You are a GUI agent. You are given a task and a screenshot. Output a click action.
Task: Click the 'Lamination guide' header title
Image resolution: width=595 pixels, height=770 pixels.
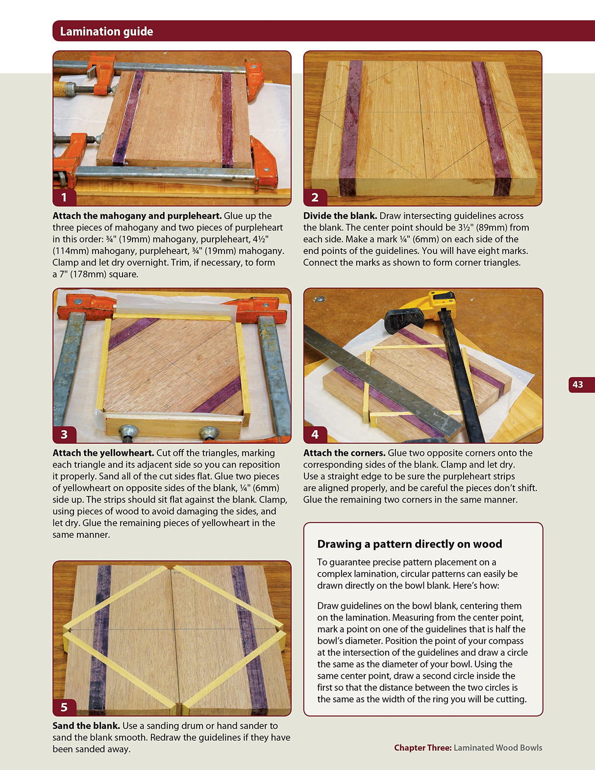(106, 31)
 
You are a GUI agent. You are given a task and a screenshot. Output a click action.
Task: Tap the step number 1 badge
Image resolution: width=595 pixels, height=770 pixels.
(64, 198)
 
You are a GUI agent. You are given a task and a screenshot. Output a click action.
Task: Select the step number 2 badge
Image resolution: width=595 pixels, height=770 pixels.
(315, 198)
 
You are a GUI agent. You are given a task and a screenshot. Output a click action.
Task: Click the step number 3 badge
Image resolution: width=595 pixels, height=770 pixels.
(64, 434)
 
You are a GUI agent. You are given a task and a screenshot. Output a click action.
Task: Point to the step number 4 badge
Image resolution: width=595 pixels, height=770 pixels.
(315, 434)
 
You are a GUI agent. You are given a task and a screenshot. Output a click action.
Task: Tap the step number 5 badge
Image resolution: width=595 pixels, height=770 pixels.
(64, 707)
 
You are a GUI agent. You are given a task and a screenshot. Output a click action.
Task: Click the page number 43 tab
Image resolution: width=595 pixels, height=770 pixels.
(578, 385)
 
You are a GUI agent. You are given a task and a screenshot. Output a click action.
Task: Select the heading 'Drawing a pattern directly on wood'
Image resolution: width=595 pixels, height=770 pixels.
(409, 544)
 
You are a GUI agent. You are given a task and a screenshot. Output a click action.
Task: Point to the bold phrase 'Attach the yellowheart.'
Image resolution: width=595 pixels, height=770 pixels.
(103, 453)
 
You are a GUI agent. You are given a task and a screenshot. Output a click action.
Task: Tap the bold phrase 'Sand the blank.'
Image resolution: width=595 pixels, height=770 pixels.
(86, 725)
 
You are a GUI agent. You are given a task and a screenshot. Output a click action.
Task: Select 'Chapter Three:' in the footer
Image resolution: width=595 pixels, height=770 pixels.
(422, 747)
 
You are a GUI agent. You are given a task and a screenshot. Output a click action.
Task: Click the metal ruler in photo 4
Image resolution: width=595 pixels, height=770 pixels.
(377, 377)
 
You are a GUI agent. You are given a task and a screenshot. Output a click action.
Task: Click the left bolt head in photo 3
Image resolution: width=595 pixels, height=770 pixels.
(128, 431)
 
